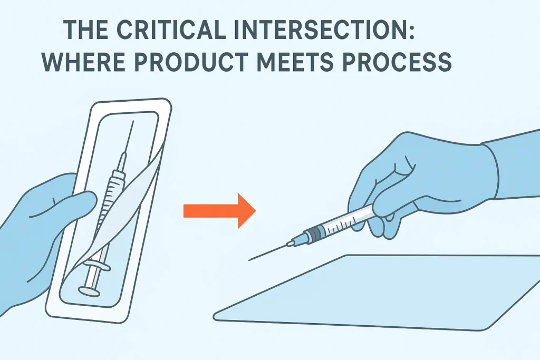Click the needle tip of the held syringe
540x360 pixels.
coord(250,259)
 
